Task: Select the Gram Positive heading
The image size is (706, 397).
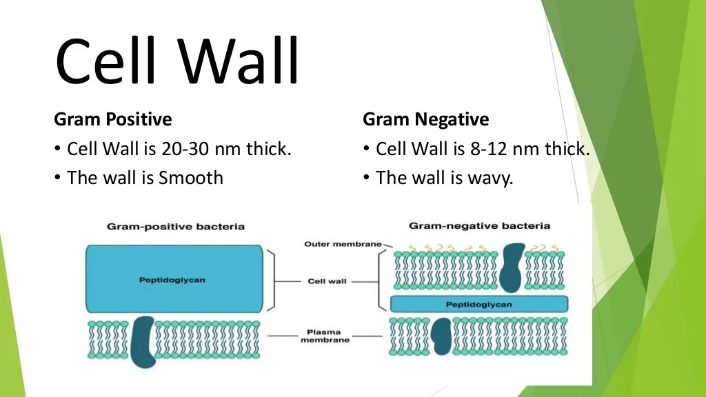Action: click(x=113, y=119)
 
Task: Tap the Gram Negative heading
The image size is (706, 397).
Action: click(x=426, y=119)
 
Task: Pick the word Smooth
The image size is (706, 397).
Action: click(x=191, y=178)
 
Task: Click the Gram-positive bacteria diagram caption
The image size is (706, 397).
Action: click(x=176, y=226)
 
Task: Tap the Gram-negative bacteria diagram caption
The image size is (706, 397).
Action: click(x=480, y=226)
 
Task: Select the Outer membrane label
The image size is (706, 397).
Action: click(x=343, y=244)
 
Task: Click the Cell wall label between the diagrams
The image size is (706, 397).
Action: click(x=327, y=281)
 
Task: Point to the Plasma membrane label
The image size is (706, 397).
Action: click(x=325, y=336)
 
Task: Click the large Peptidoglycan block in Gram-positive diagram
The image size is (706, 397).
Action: click(x=174, y=278)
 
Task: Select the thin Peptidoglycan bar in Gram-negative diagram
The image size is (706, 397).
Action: click(x=479, y=304)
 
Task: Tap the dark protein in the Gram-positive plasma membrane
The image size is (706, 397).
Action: click(x=143, y=342)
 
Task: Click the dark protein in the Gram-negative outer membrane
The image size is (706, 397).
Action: click(x=512, y=268)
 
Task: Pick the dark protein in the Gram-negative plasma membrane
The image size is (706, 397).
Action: click(x=441, y=336)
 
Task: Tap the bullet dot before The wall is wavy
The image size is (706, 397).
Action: click(x=367, y=177)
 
